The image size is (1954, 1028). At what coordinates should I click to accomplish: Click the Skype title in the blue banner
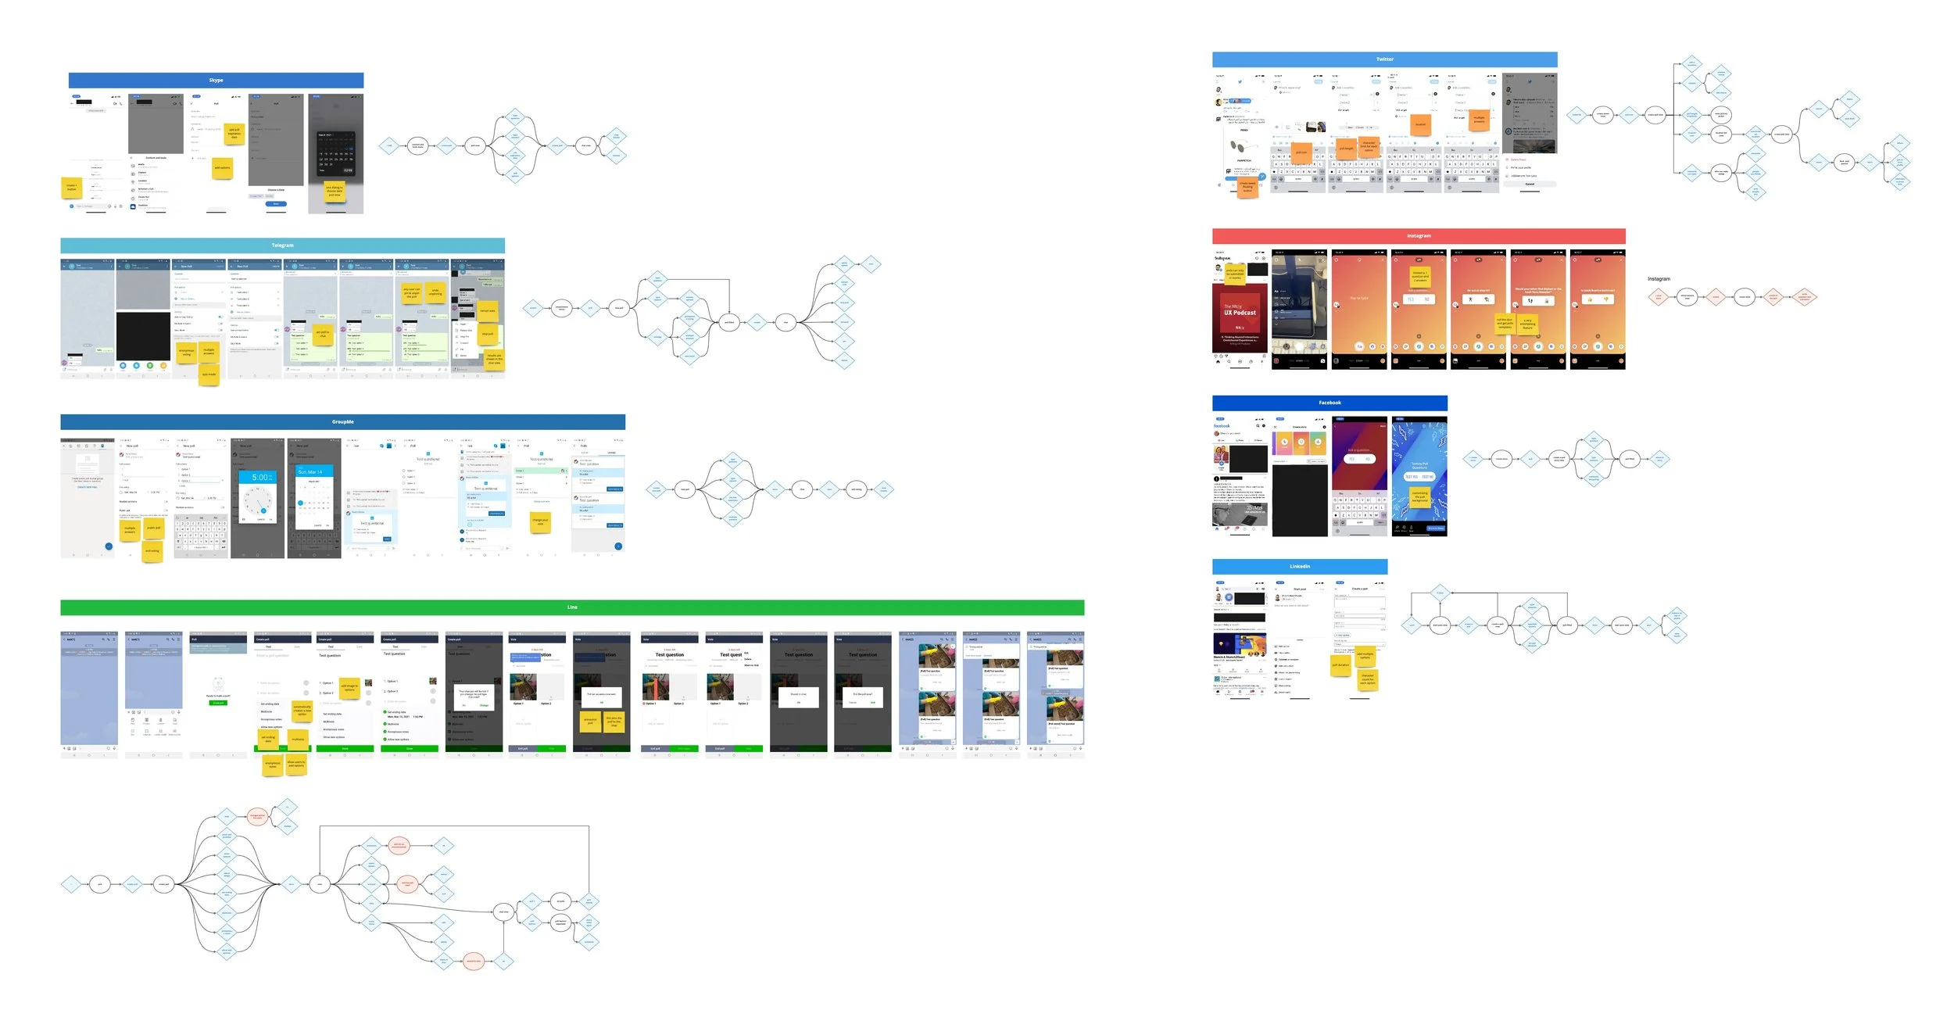coord(216,81)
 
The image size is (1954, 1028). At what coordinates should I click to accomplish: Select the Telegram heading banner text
coord(282,245)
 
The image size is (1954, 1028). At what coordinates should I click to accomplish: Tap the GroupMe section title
coord(342,422)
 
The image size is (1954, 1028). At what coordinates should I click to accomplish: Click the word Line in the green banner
coord(572,607)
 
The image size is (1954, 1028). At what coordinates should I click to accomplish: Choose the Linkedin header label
coord(1299,567)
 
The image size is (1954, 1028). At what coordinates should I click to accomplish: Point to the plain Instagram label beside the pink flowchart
coord(1659,279)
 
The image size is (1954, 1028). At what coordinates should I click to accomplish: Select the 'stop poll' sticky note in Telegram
coord(488,335)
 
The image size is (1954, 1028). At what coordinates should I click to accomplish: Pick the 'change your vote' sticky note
coord(540,521)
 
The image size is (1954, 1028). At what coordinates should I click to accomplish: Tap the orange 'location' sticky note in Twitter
coord(1420,124)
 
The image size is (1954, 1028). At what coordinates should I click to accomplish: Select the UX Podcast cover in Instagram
coord(1240,313)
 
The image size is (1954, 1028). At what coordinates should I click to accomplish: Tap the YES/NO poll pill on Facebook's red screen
coord(1359,459)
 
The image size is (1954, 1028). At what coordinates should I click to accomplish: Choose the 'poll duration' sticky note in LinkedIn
coord(1340,665)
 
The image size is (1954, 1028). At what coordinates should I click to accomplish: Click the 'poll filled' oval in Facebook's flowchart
coord(1629,459)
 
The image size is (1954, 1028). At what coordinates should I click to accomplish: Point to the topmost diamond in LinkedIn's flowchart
coord(1440,593)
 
